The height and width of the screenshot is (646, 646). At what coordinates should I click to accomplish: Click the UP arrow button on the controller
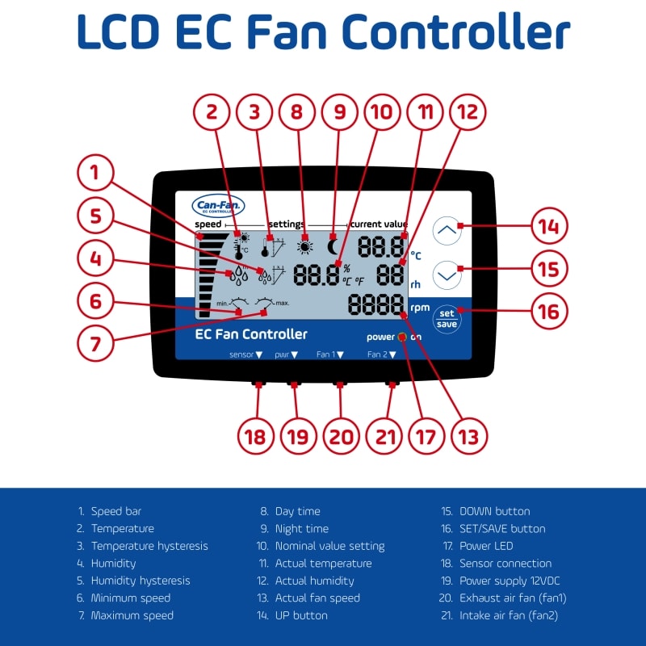click(448, 230)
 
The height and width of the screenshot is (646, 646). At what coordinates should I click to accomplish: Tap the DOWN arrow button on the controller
click(448, 275)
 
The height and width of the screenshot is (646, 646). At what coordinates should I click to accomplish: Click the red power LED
click(401, 337)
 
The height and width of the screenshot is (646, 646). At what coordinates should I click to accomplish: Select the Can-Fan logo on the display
click(217, 207)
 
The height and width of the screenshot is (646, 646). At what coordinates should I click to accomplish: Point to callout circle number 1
click(95, 172)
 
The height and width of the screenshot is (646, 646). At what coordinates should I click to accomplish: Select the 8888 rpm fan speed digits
click(376, 305)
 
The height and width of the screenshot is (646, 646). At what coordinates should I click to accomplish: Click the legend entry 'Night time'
click(301, 529)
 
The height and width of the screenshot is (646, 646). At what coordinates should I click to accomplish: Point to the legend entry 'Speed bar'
click(115, 511)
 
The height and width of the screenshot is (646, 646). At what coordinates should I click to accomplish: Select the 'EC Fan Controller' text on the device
click(251, 334)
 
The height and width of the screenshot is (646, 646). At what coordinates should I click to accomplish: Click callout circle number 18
click(255, 437)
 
